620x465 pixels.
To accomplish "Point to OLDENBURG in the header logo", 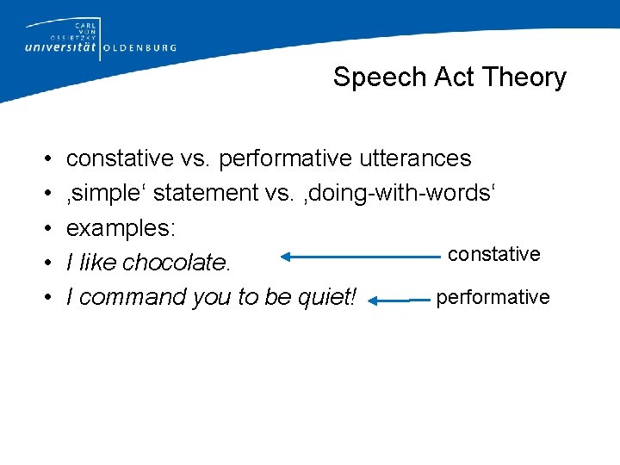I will pos(139,48).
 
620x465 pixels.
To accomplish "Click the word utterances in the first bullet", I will pos(417,158).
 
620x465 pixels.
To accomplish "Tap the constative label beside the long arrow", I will pos(494,254).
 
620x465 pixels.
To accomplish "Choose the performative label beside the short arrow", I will pos(493,297).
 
